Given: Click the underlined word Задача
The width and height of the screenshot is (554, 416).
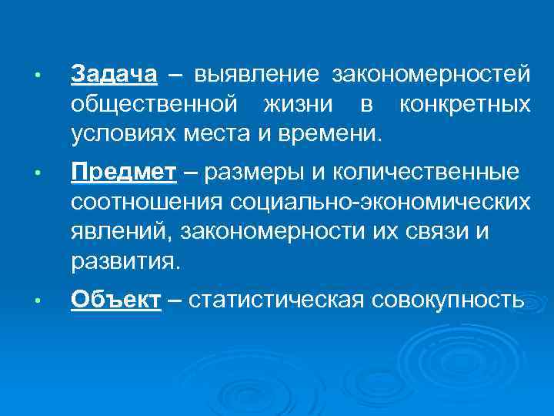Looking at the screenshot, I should (x=114, y=75).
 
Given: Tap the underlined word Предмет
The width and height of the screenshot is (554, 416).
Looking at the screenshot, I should (x=124, y=173).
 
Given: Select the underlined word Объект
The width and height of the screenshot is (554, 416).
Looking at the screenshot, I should (x=116, y=300).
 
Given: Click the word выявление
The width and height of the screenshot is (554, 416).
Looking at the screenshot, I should (x=257, y=75).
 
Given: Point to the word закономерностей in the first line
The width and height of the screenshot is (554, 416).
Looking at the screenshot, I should (x=431, y=75).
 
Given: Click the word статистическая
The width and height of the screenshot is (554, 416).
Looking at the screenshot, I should (x=292, y=300).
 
